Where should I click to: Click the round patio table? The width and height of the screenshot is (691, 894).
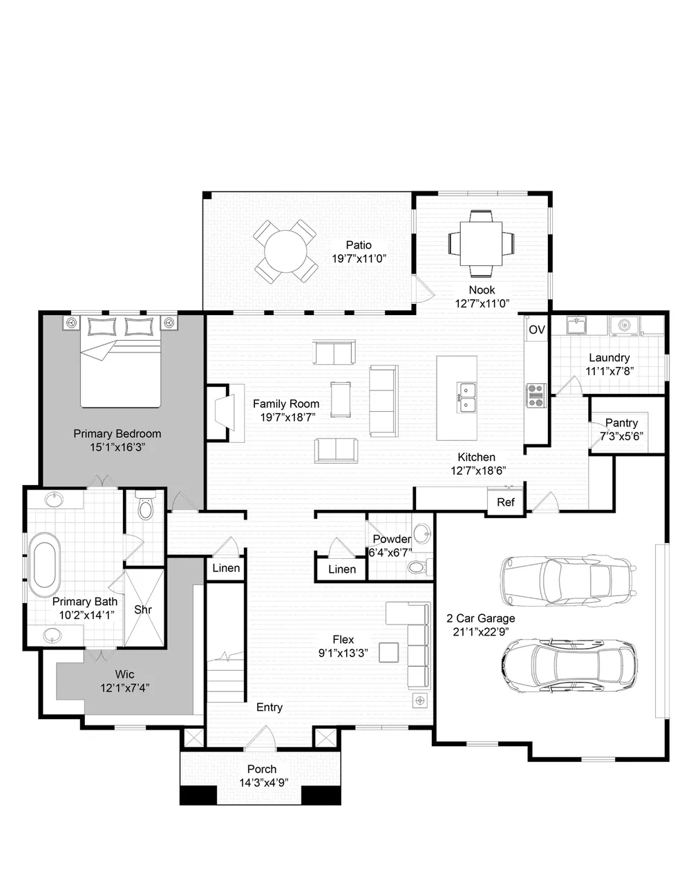(285, 251)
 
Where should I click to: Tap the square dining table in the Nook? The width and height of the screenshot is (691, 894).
(481, 244)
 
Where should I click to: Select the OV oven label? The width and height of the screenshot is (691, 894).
(537, 330)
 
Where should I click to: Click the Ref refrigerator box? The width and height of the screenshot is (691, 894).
(506, 502)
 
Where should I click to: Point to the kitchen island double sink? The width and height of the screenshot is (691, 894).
(467, 397)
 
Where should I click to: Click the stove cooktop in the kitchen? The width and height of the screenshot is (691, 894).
(537, 395)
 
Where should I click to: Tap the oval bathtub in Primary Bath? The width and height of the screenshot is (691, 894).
(44, 565)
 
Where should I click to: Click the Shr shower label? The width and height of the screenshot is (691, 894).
(143, 609)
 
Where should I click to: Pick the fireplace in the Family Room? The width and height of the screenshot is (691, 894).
(225, 412)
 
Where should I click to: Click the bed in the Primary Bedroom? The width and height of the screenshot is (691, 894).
(120, 361)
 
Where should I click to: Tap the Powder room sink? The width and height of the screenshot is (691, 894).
(422, 534)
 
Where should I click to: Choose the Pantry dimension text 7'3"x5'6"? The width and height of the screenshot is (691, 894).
(621, 436)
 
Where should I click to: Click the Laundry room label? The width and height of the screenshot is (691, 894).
(609, 357)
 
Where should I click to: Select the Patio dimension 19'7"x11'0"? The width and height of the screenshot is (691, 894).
(359, 258)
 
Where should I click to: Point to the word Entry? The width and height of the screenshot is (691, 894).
(269, 707)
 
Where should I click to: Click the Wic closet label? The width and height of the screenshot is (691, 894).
(124, 674)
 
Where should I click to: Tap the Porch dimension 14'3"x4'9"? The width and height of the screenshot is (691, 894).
(264, 782)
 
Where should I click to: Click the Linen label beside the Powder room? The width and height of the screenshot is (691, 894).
(342, 569)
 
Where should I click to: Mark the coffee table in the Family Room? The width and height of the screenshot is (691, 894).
(341, 399)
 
